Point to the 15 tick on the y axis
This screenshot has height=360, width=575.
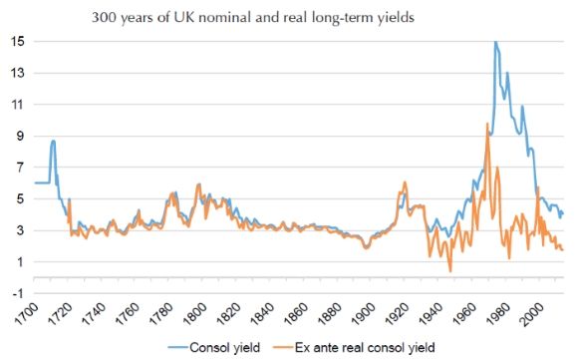click(19, 42)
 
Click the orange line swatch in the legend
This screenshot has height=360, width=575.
click(282, 347)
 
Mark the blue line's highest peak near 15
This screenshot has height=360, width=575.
click(494, 42)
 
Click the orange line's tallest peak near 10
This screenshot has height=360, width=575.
click(486, 124)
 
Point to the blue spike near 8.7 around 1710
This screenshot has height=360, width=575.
click(53, 141)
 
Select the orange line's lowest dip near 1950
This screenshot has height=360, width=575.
click(450, 270)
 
